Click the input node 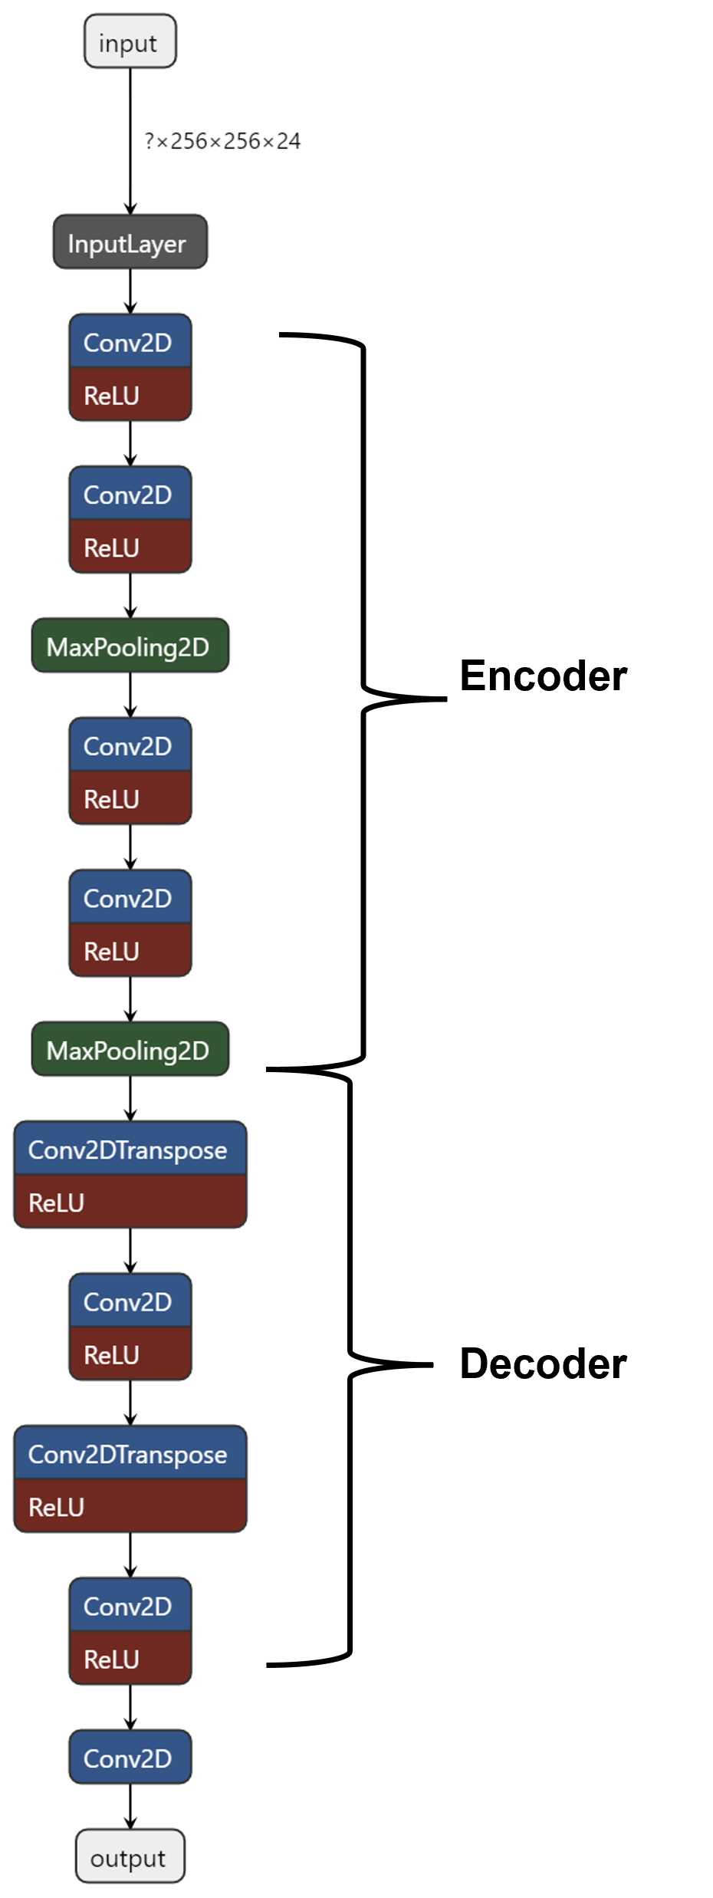[x=130, y=41]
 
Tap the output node [x=130, y=1856]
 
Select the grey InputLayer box [x=130, y=242]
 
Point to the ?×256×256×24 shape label [x=222, y=141]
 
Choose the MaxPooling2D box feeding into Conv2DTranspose [x=130, y=1049]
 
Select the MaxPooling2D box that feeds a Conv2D [x=130, y=646]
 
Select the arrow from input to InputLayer [x=130, y=138]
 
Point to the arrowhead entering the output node [x=130, y=1823]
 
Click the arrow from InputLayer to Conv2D [x=130, y=291]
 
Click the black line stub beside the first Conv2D [x=298, y=335]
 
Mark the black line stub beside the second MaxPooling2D [x=291, y=1070]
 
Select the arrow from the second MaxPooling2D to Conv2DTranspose [x=130, y=1098]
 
